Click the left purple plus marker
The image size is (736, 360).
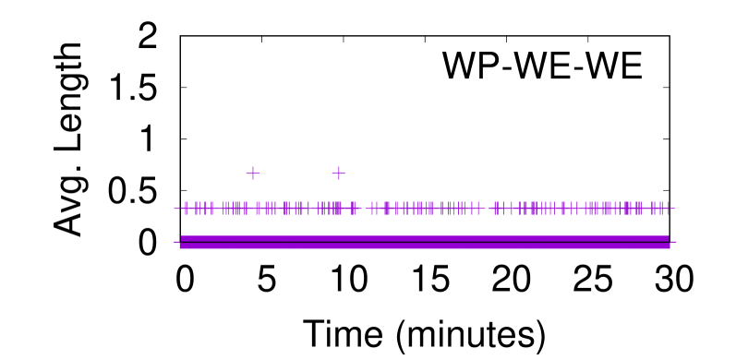pyautogui.click(x=252, y=173)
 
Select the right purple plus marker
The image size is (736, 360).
pyautogui.click(x=338, y=173)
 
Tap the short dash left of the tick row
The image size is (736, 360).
pyautogui.click(x=175, y=208)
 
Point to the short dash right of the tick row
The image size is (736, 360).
pyautogui.click(x=673, y=208)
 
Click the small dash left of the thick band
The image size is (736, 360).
pyautogui.click(x=175, y=242)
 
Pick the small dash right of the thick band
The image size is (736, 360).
pyautogui.click(x=674, y=242)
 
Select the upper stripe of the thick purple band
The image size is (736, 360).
pyautogui.click(x=425, y=238)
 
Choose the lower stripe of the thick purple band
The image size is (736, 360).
pyautogui.click(x=425, y=246)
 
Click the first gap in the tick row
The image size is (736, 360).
pyautogui.click(x=363, y=208)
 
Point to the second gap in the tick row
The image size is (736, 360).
pyautogui.click(x=487, y=208)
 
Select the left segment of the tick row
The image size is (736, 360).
pyautogui.click(x=268, y=208)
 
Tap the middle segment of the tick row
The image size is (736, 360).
pyautogui.click(x=425, y=208)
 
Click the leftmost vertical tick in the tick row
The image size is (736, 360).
pyautogui.click(x=186, y=208)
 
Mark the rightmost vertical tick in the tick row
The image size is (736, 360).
pyautogui.click(x=668, y=208)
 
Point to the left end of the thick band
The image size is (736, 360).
pyautogui.click(x=181, y=242)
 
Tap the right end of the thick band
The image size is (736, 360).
pyautogui.click(x=669, y=242)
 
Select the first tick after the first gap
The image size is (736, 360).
pyautogui.click(x=372, y=208)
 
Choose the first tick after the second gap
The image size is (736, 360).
pyautogui.click(x=495, y=208)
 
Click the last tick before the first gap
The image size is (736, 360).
pyautogui.click(x=355, y=208)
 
